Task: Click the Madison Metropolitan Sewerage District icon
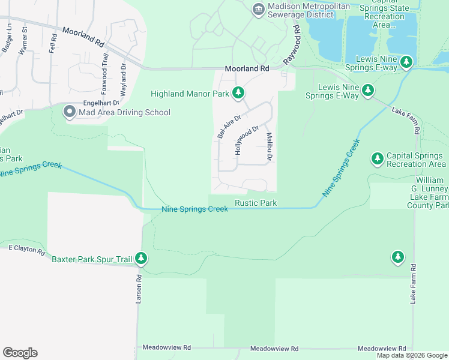coord(258,8)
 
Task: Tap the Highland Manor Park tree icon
coord(239,93)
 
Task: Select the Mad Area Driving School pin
coord(70,112)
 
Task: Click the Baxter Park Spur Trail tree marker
coord(141,259)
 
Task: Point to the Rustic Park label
coord(256,203)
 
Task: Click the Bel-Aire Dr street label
coord(229,127)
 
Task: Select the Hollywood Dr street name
coord(246,140)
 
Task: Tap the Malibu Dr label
coord(270,146)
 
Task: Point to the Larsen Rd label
coord(139,288)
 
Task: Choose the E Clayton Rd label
coord(26,250)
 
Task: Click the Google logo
coord(20,353)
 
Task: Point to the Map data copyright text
coord(412,355)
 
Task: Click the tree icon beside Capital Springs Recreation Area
coord(377,159)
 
